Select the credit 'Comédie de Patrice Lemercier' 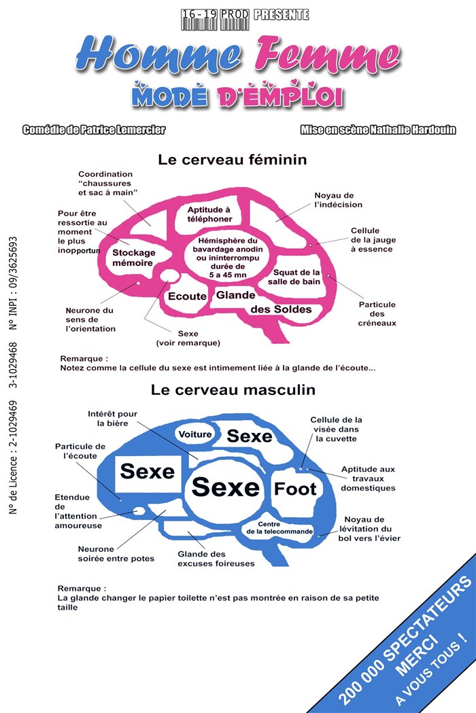point(93,130)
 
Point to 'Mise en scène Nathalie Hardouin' point(377,130)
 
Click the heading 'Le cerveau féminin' point(232,160)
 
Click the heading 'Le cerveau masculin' point(233,391)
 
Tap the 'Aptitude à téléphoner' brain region point(209,215)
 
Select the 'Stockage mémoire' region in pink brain point(133,257)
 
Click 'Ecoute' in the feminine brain point(186,296)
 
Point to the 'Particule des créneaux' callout point(377,313)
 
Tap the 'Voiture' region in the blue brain point(194,434)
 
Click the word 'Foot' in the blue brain point(295,489)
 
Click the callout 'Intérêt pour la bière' point(112,418)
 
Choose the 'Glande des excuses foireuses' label point(216,558)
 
